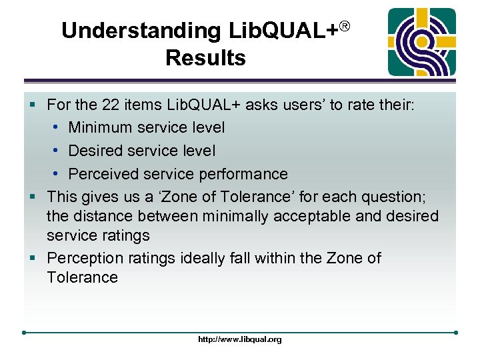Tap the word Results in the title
coord(205,58)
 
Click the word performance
coord(247,174)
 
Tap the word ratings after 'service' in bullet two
coord(125,235)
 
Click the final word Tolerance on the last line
coord(82,277)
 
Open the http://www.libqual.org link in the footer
coord(240,339)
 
